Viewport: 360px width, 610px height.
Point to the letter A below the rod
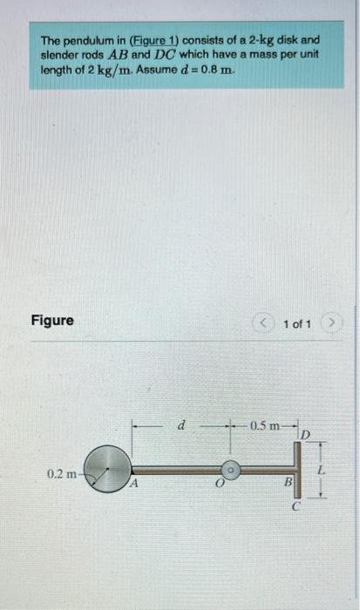coord(135,485)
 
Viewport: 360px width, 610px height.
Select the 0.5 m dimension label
coord(265,427)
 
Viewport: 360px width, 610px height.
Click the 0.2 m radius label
coord(64,473)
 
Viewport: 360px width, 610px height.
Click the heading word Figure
coord(51,321)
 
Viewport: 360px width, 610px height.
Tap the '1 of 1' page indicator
coord(297,324)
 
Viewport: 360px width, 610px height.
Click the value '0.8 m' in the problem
coord(213,70)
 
